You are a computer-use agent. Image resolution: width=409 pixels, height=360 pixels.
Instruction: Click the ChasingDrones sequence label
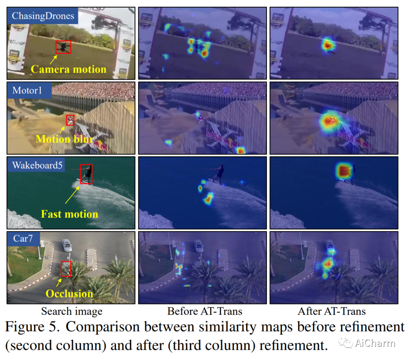pyautogui.click(x=42, y=16)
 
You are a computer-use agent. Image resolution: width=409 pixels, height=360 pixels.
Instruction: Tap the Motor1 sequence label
pyautogui.click(x=27, y=91)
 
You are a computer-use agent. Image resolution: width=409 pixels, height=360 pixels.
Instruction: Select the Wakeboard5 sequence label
pyautogui.click(x=37, y=165)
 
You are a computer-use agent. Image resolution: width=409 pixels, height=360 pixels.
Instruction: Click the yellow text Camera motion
pyautogui.click(x=69, y=69)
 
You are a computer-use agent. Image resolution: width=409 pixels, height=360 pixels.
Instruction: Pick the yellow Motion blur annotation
pyautogui.click(x=65, y=139)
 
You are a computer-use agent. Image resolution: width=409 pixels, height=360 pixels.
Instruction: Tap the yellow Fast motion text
pyautogui.click(x=69, y=214)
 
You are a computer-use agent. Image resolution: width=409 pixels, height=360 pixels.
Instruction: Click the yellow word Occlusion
pyautogui.click(x=69, y=293)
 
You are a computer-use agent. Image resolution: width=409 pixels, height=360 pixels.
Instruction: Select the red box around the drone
pyautogui.click(x=63, y=47)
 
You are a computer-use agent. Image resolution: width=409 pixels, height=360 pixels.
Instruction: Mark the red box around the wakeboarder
pyautogui.click(x=86, y=174)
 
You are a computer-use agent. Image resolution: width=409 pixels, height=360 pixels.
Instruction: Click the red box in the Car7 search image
pyautogui.click(x=66, y=268)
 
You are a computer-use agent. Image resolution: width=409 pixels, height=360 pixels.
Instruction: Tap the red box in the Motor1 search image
pyautogui.click(x=70, y=120)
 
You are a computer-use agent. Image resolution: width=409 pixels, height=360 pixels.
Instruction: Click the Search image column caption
pyautogui.click(x=72, y=312)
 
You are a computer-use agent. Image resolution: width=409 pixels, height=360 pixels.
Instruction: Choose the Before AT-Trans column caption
pyautogui.click(x=204, y=312)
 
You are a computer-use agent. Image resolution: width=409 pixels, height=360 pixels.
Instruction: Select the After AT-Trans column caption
pyautogui.click(x=332, y=312)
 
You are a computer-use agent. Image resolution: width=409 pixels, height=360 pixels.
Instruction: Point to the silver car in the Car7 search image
pyautogui.click(x=67, y=245)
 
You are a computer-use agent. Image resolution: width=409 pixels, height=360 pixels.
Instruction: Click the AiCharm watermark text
pyautogui.click(x=375, y=343)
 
